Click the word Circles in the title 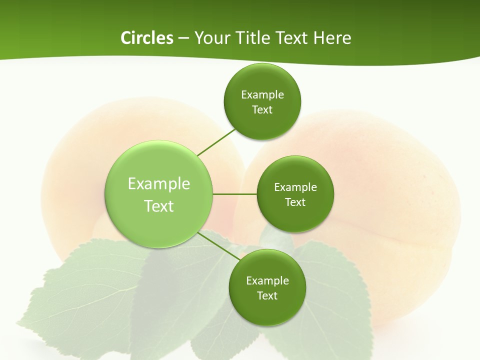point(146,38)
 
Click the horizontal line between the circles point(235,194)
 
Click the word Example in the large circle point(159,184)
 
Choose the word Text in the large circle point(159,206)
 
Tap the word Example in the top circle point(262,94)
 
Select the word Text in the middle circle point(295,202)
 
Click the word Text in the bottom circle point(267,295)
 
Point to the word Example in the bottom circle point(267,280)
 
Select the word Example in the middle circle point(295,187)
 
